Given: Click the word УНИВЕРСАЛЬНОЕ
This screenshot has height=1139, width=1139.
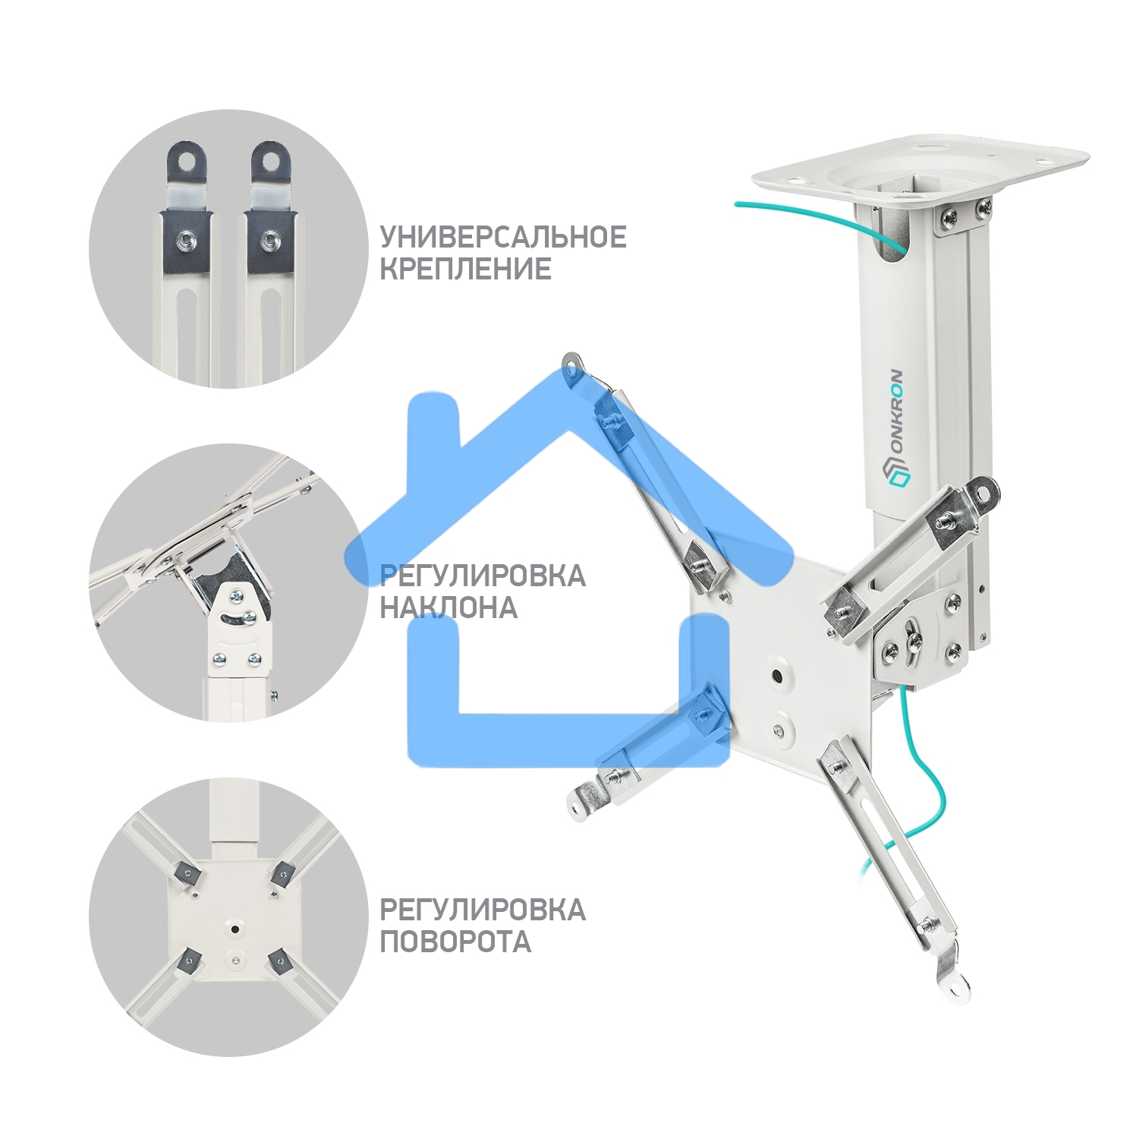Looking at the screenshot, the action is [x=503, y=237].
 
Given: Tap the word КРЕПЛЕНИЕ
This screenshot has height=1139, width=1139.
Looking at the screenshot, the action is [x=466, y=270].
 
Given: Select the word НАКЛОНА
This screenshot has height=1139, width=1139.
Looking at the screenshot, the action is [x=448, y=607].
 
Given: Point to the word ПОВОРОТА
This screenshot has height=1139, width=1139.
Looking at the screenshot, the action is [x=455, y=942].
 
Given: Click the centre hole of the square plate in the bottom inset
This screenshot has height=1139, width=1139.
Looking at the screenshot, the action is [x=234, y=929].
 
